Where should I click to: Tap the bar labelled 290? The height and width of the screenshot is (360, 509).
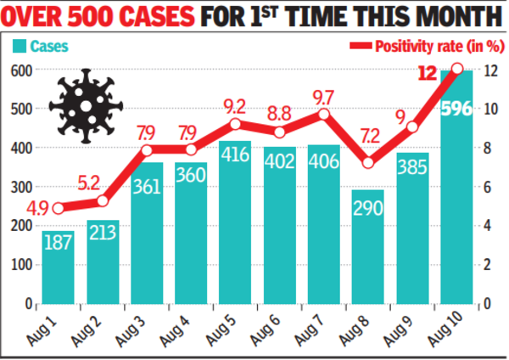click(x=367, y=255)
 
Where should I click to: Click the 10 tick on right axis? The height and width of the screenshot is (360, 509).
click(x=489, y=109)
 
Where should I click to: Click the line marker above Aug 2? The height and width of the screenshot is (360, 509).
click(x=103, y=201)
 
